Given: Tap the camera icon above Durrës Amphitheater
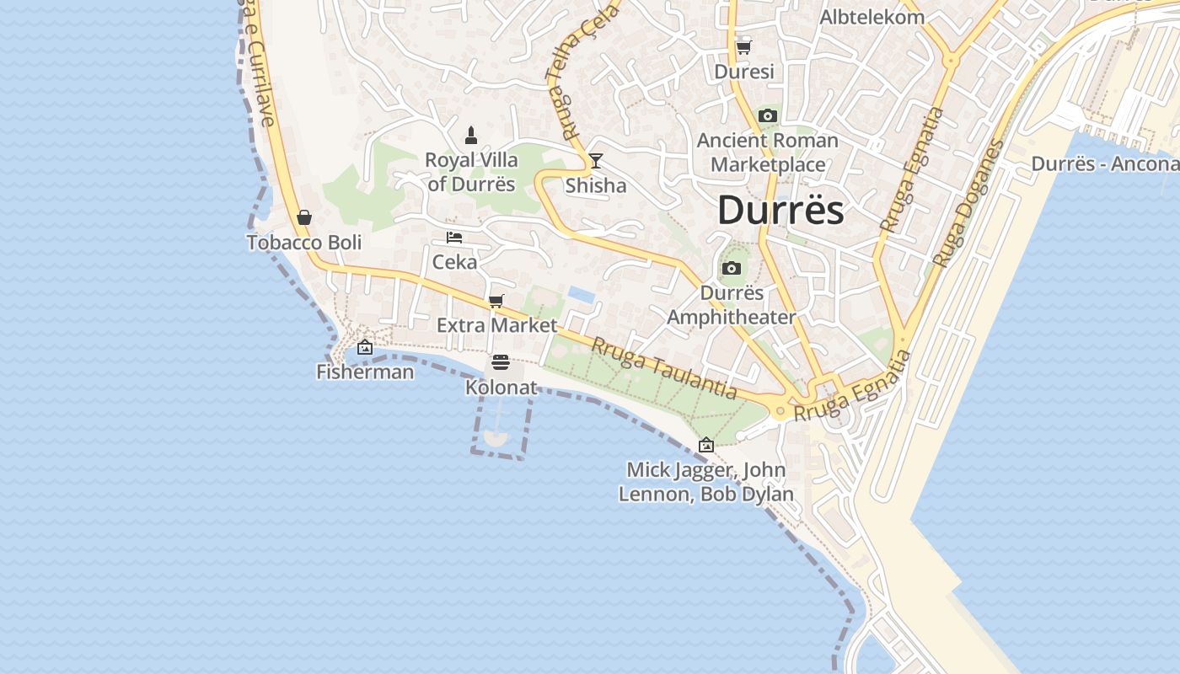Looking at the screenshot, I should click(732, 268).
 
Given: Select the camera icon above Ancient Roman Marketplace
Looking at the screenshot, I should click(767, 115).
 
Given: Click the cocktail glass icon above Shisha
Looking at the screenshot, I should click(596, 160).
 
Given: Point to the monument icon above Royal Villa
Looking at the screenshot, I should click(471, 135).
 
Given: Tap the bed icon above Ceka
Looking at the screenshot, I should click(454, 238).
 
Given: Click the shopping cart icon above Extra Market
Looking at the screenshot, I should click(496, 301).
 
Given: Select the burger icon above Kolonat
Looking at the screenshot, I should click(501, 362).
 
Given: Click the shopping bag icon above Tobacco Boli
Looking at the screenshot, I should click(304, 217).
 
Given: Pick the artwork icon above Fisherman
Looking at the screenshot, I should click(365, 347).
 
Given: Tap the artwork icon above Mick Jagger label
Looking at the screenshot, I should click(706, 445).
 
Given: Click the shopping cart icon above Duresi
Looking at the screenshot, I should click(743, 47).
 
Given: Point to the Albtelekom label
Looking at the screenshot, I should click(872, 17).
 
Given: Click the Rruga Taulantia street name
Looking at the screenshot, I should click(663, 368).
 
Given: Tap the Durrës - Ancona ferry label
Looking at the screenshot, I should click(1104, 163).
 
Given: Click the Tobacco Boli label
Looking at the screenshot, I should click(304, 243).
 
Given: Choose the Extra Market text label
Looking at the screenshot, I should click(496, 325).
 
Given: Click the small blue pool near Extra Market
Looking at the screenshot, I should click(580, 293).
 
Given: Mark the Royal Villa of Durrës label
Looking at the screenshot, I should click(471, 172).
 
